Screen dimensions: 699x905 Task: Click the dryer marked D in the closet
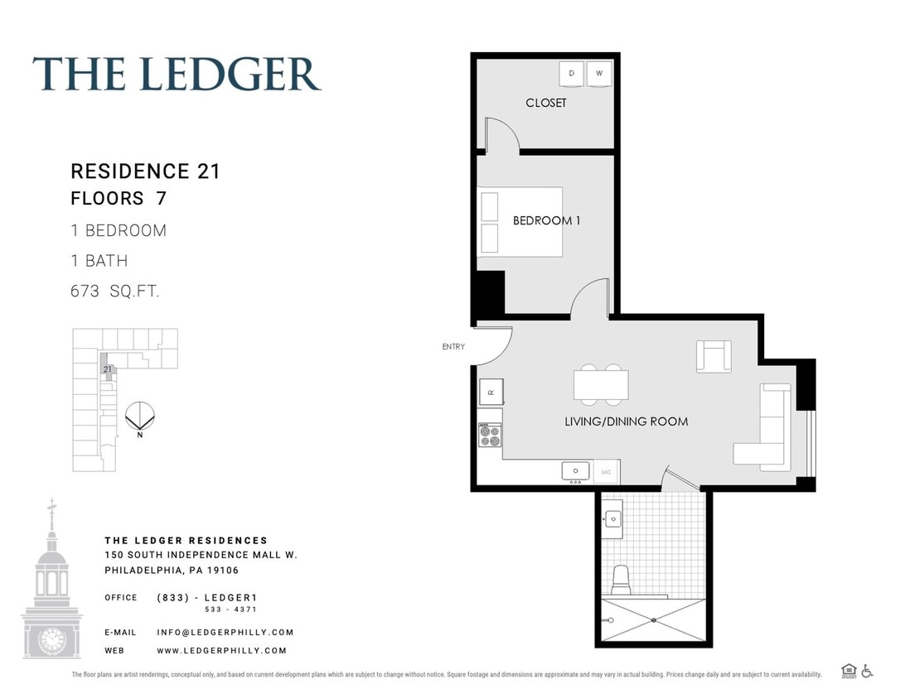[572, 74]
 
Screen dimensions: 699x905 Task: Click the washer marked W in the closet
[600, 74]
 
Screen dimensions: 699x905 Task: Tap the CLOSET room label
[546, 103]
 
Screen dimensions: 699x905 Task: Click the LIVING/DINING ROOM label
[626, 422]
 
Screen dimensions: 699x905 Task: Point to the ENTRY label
[453, 347]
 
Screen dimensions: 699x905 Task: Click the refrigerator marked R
[491, 392]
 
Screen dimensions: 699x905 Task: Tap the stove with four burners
[490, 435]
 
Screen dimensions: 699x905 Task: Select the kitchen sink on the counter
[575, 471]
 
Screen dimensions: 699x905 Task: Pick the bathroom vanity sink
[612, 518]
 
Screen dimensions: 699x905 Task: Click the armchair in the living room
[714, 356]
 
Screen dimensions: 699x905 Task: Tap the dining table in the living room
[601, 385]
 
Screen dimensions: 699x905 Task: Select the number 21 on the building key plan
[107, 369]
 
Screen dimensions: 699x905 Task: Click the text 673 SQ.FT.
[115, 292]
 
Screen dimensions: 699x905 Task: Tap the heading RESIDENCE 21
[145, 171]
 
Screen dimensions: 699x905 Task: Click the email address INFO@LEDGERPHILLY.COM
[225, 632]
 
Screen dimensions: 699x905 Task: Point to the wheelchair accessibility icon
[867, 671]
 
